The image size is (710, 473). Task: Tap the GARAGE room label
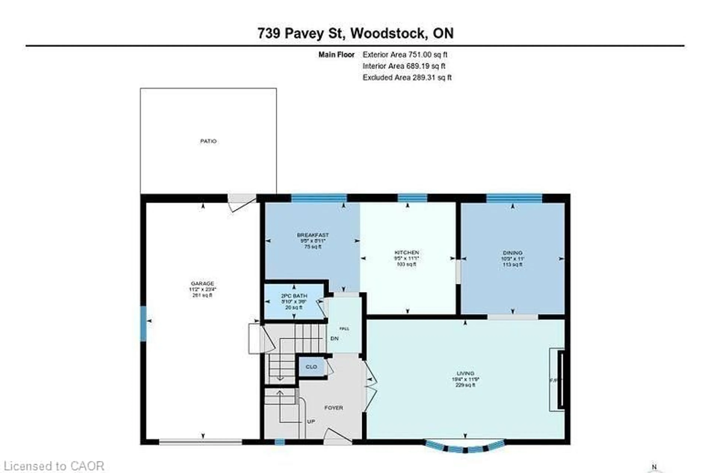coord(202,284)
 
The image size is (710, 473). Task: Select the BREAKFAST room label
coord(313,235)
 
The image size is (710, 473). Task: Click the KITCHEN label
coord(407,253)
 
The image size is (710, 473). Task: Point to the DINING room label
coord(513,253)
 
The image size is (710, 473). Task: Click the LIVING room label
coord(465,373)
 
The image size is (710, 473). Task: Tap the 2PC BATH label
coord(294,296)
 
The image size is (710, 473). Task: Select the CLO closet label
coord(311,367)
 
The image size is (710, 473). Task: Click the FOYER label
coord(334,408)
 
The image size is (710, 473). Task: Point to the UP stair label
coord(311,422)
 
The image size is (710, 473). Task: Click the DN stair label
coord(334,339)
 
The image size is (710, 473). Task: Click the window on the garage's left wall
coord(143,324)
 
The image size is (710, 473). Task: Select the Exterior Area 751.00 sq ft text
coord(405,55)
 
